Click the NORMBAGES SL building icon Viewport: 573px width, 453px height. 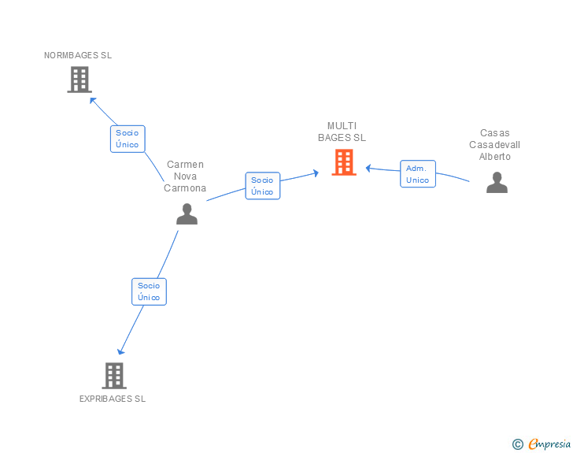click(x=79, y=80)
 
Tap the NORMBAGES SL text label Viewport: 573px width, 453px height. click(x=78, y=55)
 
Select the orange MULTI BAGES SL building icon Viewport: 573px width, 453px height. click(x=344, y=162)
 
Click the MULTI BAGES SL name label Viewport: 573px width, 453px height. click(x=342, y=132)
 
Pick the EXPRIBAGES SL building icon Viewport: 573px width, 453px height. click(x=114, y=375)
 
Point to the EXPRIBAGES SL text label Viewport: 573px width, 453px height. click(x=113, y=399)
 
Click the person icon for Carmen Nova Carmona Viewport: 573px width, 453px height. click(x=187, y=214)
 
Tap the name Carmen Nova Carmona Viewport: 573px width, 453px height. click(x=185, y=176)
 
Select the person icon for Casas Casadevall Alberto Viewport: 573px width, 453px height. click(x=497, y=183)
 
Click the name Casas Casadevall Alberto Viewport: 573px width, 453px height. click(x=495, y=145)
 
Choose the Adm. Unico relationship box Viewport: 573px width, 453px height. click(x=417, y=174)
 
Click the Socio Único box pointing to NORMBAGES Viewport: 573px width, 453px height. click(x=127, y=139)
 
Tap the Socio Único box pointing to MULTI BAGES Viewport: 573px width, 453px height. click(x=262, y=186)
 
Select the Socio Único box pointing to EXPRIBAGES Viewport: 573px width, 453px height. click(x=149, y=291)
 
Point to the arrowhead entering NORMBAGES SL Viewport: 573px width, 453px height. click(x=92, y=99)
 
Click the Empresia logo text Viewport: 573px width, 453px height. click(x=549, y=444)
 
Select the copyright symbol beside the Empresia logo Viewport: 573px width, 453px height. click(x=517, y=444)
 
